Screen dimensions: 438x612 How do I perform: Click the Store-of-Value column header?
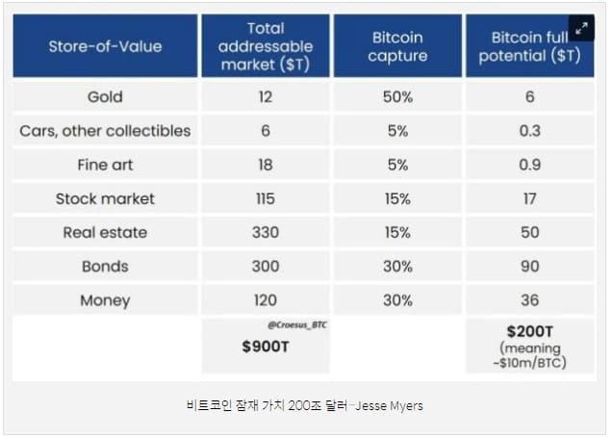tap(105, 45)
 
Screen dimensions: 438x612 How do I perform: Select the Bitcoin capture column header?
tap(397, 45)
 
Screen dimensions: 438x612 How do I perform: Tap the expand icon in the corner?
tap(581, 28)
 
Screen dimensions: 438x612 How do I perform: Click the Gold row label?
tap(105, 96)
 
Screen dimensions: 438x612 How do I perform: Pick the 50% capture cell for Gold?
tap(397, 96)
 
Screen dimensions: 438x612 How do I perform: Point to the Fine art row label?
tap(105, 165)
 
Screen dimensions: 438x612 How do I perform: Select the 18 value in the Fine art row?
tap(266, 165)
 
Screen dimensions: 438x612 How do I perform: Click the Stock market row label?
tap(105, 198)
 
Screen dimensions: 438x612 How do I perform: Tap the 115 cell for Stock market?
tap(266, 198)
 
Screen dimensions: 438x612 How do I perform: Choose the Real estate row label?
tap(105, 232)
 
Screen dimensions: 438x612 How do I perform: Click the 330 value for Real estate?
tap(266, 232)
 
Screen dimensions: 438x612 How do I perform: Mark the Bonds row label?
tap(105, 266)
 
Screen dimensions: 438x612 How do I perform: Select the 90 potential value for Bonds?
tap(529, 266)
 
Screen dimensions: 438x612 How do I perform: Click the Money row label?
tap(105, 300)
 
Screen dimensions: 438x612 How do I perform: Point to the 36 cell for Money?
tap(529, 300)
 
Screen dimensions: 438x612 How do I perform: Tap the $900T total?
tap(266, 348)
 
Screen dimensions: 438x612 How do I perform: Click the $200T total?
tap(529, 332)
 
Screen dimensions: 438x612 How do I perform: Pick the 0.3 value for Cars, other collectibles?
tap(529, 130)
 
